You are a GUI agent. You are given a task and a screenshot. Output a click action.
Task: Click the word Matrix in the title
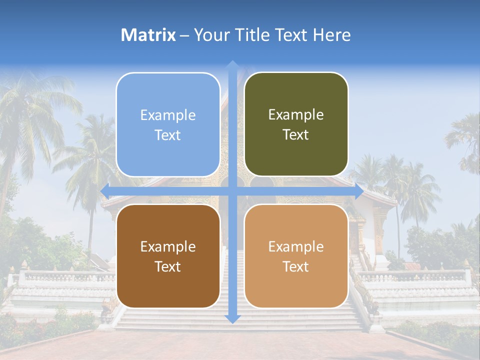(148, 35)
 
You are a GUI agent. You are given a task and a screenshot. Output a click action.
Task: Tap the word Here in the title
(332, 35)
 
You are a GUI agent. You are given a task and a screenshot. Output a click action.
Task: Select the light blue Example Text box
(168, 124)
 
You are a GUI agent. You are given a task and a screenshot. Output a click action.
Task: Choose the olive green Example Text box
(296, 124)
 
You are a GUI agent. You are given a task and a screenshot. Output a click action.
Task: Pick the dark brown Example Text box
(168, 256)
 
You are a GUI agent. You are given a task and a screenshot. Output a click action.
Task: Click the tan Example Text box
(296, 256)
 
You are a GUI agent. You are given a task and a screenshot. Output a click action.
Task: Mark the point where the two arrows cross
(232, 191)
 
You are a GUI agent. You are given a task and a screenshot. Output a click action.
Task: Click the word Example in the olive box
(296, 115)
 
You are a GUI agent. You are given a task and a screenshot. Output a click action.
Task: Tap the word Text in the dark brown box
(168, 266)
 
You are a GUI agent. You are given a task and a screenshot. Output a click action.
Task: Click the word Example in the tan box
(296, 246)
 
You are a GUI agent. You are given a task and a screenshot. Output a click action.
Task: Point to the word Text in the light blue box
(168, 135)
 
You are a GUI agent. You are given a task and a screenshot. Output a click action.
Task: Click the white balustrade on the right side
(415, 276)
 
